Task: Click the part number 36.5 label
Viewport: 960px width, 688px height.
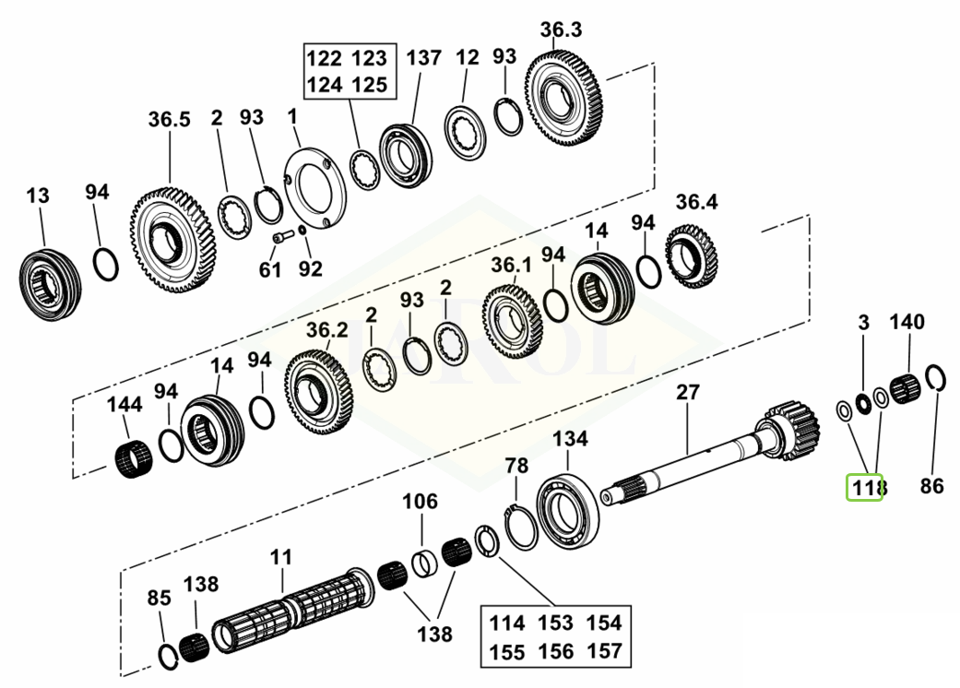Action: (169, 120)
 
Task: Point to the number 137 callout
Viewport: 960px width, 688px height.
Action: (423, 57)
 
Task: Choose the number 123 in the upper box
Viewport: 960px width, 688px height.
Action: (369, 59)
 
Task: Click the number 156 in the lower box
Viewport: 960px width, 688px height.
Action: (555, 651)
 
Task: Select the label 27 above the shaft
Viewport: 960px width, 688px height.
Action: (688, 392)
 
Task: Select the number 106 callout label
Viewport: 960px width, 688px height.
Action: (420, 502)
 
